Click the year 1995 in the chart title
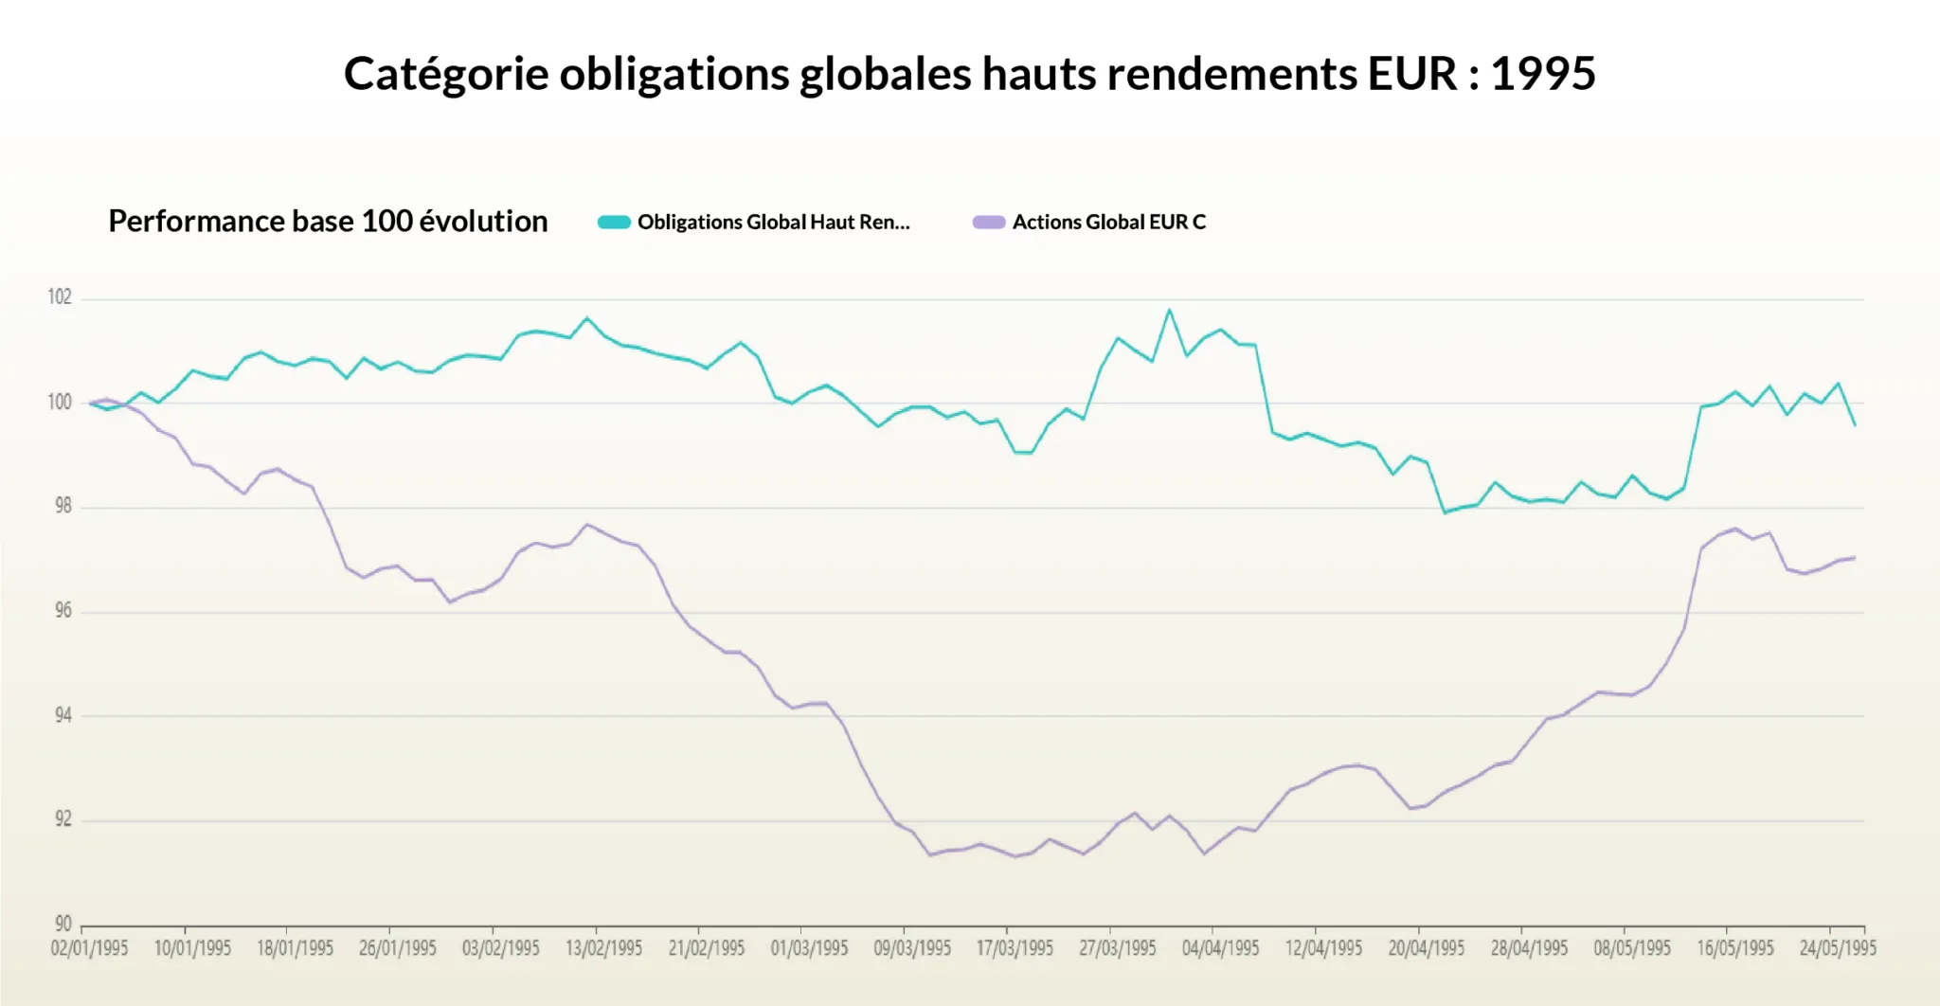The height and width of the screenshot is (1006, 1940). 1543,74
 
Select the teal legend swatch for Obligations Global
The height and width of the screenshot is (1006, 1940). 614,223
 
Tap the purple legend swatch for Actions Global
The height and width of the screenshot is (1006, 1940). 988,223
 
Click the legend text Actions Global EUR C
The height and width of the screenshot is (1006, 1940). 1108,223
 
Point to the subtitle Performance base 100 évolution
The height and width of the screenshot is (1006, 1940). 328,222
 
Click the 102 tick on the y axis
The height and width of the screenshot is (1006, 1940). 60,297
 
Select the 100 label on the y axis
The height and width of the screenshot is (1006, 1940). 60,403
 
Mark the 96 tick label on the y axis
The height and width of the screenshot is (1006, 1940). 63,611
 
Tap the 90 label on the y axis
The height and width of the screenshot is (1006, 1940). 63,924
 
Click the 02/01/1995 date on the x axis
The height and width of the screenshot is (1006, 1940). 89,948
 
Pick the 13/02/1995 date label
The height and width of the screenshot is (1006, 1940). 603,948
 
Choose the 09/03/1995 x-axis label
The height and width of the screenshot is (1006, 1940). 912,948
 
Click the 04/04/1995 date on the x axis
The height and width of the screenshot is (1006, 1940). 1220,948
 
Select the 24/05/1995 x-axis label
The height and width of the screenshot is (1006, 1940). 1838,948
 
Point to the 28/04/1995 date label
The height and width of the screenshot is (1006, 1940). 1529,948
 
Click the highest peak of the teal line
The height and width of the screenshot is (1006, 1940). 1169,310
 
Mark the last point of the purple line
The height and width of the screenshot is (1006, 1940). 1855,558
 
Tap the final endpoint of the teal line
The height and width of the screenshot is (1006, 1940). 1855,425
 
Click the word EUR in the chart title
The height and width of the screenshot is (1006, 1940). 1411,74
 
